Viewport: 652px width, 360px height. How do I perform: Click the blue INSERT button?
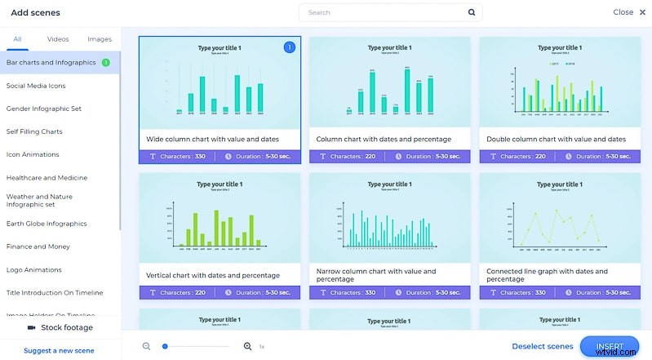click(x=610, y=346)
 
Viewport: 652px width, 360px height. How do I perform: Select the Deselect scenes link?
click(x=543, y=346)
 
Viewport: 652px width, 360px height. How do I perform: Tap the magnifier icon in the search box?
click(x=472, y=13)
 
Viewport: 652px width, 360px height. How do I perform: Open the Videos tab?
click(x=58, y=39)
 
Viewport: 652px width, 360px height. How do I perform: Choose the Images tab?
click(x=100, y=39)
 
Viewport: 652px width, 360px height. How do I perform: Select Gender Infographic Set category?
click(x=44, y=108)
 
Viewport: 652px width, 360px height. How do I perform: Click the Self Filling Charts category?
click(x=34, y=131)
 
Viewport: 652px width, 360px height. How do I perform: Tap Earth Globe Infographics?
click(x=46, y=224)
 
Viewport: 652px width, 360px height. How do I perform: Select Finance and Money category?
click(x=38, y=247)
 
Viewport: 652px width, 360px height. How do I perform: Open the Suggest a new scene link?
click(x=59, y=350)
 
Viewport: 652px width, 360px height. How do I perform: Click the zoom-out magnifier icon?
click(x=147, y=346)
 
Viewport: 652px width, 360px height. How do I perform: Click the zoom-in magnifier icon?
click(x=247, y=346)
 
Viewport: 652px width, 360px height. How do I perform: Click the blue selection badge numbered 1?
click(x=289, y=48)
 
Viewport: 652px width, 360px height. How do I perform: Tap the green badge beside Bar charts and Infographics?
click(x=106, y=62)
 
